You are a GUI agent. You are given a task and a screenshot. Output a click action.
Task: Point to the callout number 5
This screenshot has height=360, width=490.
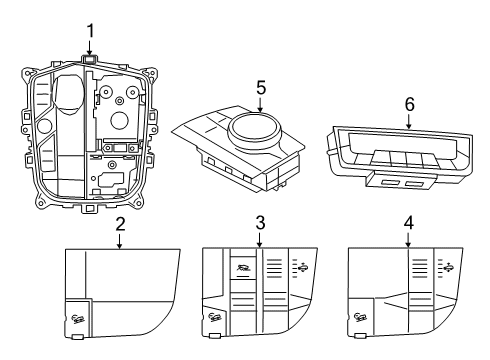tap(259, 89)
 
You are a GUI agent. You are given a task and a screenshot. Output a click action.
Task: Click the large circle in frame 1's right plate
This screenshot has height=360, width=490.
tap(119, 120)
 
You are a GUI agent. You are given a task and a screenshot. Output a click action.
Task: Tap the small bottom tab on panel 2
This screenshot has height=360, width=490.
tap(78, 337)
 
